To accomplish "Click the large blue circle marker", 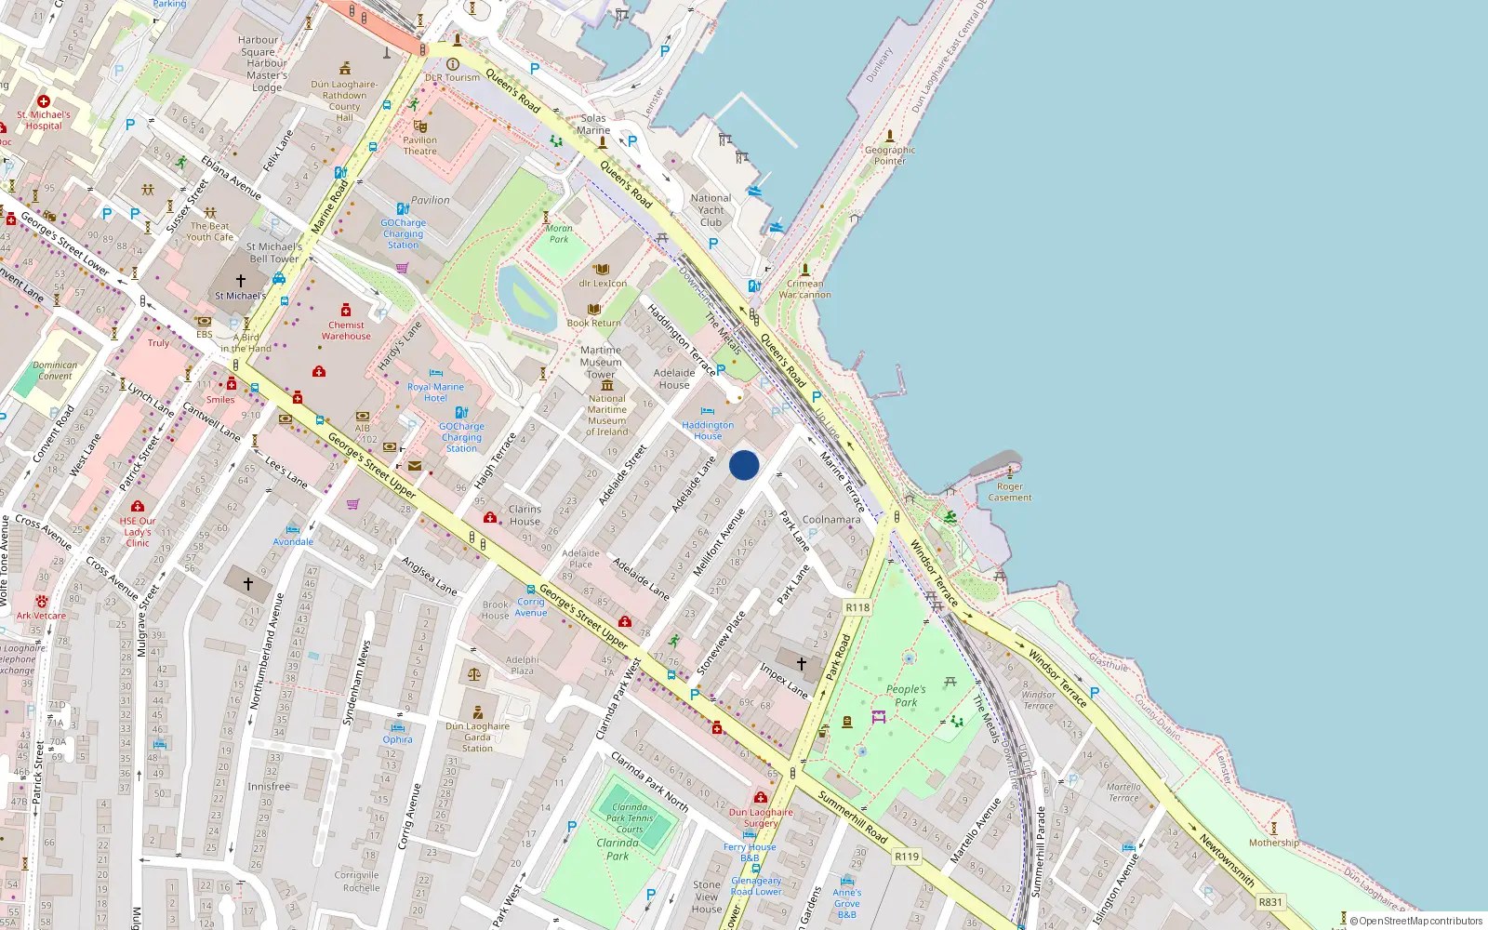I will click(x=744, y=465).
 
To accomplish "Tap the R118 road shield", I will click(x=857, y=607).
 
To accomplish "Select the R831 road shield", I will click(x=1269, y=901).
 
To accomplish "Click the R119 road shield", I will click(x=907, y=857).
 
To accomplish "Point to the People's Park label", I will click(x=906, y=696).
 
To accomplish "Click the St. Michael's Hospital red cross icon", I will click(x=44, y=101).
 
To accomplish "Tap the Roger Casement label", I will click(x=1010, y=492).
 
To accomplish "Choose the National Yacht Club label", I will click(x=711, y=210).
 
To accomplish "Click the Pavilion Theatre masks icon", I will click(x=420, y=126).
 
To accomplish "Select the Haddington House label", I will click(x=708, y=431).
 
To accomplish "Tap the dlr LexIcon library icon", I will click(x=602, y=270).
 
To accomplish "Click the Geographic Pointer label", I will click(x=890, y=155).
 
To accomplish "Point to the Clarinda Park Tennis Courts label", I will click(x=630, y=818).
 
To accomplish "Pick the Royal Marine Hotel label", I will click(x=435, y=392).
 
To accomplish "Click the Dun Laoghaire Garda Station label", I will click(x=477, y=737).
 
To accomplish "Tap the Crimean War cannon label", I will click(x=805, y=289).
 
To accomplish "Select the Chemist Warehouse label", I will click(x=346, y=330).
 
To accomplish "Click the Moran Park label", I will click(x=559, y=233).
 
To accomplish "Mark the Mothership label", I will click(x=1274, y=843).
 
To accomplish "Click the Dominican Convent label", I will click(x=55, y=370).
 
